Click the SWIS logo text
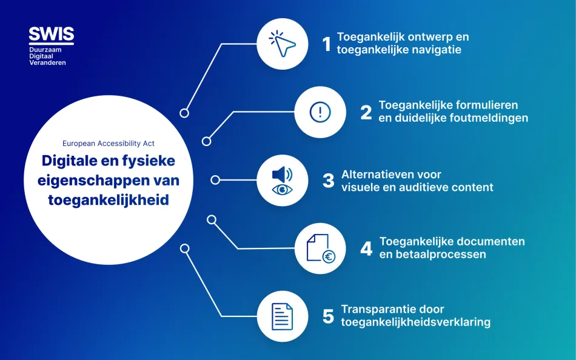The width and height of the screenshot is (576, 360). pyautogui.click(x=51, y=33)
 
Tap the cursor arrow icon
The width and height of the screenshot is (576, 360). pyautogui.click(x=282, y=44)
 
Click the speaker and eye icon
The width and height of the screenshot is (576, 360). pyautogui.click(x=282, y=181)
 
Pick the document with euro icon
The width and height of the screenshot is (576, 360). pyautogui.click(x=320, y=248)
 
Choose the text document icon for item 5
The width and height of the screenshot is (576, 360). pyautogui.click(x=282, y=316)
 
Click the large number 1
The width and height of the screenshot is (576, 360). pyautogui.click(x=327, y=44)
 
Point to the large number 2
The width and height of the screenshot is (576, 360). pyautogui.click(x=366, y=112)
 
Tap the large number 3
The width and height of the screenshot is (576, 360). pyautogui.click(x=328, y=181)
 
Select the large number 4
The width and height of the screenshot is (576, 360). pyautogui.click(x=366, y=248)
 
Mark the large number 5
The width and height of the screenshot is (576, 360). pyautogui.click(x=328, y=316)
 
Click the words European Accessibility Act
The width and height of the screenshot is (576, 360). pyautogui.click(x=109, y=144)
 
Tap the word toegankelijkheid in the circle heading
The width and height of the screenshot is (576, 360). pyautogui.click(x=109, y=200)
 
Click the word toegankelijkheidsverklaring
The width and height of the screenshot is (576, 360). pyautogui.click(x=416, y=322)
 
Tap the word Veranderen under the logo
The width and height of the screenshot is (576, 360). pyautogui.click(x=48, y=62)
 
